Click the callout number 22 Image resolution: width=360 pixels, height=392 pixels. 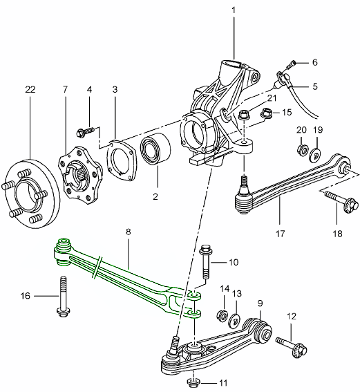29,89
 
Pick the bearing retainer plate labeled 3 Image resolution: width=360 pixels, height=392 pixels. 122,157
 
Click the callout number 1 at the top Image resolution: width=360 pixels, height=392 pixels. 234,11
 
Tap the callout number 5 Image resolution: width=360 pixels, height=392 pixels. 314,87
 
